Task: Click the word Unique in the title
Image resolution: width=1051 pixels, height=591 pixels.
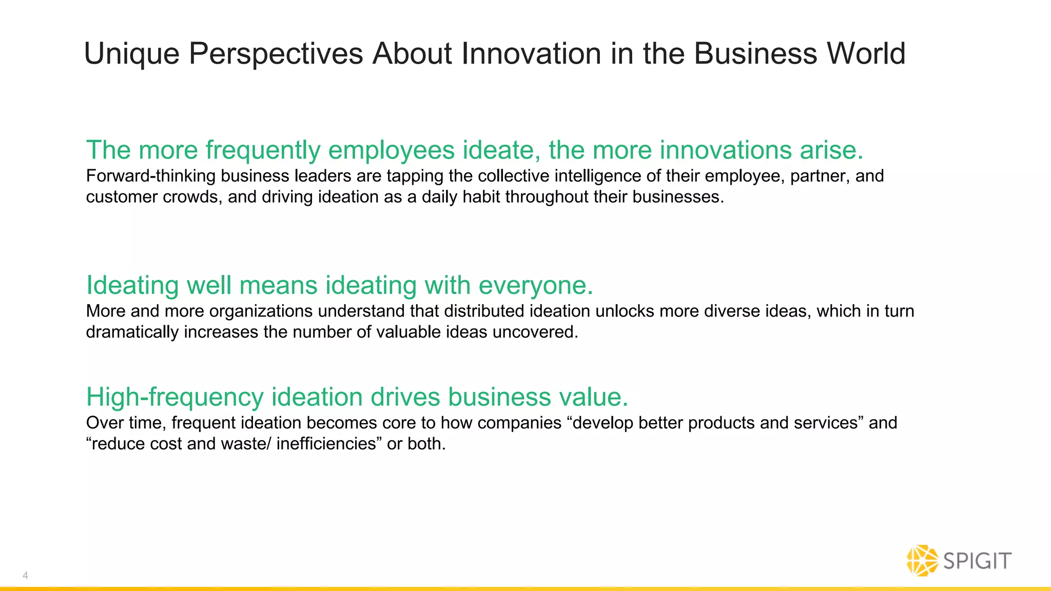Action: click(x=131, y=54)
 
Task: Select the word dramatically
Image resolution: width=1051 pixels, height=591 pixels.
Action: click(x=132, y=332)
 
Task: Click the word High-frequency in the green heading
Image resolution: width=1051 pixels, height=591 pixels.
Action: click(x=174, y=397)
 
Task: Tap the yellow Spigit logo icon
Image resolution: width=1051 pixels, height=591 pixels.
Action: click(x=922, y=560)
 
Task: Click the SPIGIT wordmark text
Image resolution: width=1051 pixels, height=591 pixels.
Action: click(x=978, y=561)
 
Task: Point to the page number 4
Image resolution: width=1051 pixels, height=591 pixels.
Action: click(x=25, y=576)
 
